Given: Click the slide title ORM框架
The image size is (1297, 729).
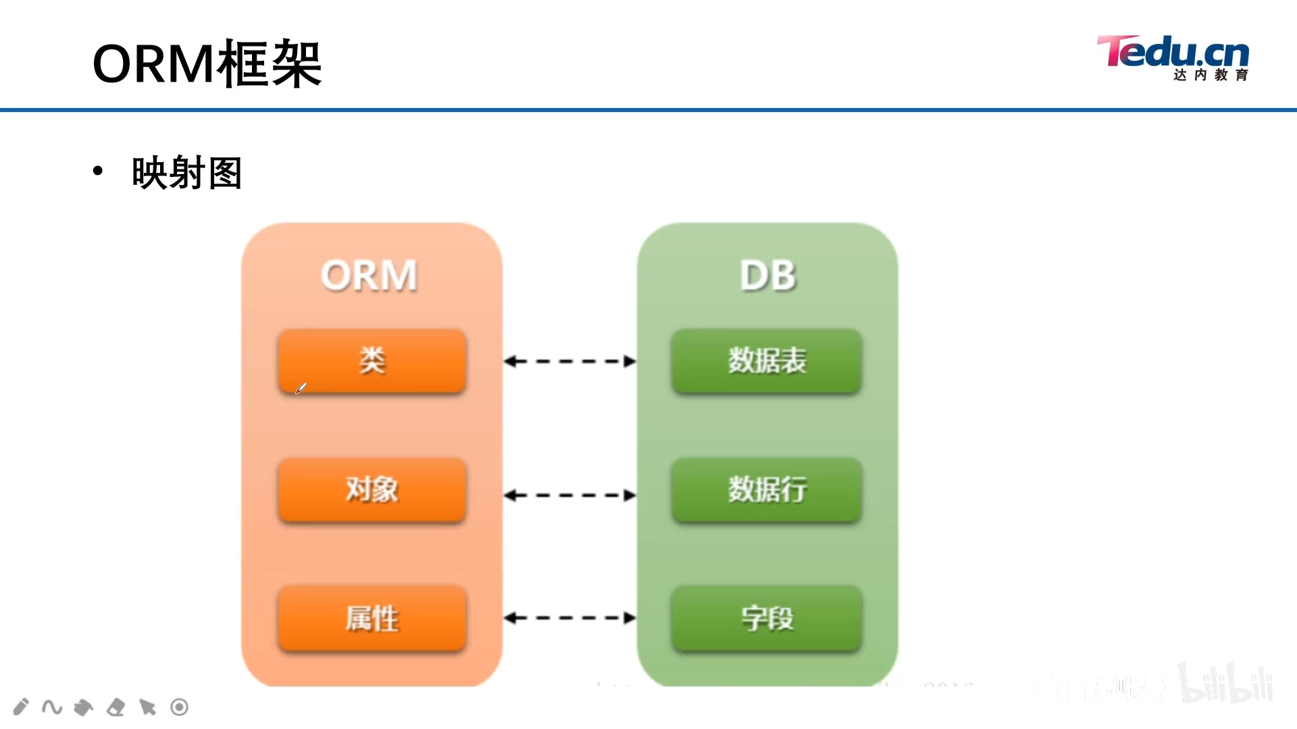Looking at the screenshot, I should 207,64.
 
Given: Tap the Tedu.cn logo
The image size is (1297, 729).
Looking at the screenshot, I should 1173,58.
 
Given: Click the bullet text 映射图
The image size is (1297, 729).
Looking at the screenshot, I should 187,173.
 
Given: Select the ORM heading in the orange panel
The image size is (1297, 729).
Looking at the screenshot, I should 369,275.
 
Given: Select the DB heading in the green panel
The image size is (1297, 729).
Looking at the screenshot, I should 768,275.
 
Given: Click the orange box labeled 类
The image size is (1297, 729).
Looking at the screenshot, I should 372,360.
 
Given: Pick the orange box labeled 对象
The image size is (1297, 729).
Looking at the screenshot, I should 372,489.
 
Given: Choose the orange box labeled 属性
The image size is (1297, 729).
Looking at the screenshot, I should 372,618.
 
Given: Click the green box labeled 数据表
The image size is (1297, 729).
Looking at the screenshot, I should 767,360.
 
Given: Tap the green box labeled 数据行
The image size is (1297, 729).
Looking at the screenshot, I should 767,489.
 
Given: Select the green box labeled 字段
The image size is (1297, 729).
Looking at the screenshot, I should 767,618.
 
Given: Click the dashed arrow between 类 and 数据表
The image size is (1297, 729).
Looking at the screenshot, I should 569,362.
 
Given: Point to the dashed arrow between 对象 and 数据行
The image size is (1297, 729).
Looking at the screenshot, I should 569,495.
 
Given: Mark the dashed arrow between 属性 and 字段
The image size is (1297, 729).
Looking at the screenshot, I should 569,618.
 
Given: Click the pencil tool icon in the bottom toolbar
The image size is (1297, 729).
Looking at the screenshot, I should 21,707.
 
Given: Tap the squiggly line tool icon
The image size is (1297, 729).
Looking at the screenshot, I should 52,707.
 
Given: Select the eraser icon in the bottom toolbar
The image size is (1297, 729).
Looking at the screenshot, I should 116,707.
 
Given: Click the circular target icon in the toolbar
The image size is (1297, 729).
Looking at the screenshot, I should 179,707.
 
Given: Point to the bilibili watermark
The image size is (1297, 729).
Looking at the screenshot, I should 1226,683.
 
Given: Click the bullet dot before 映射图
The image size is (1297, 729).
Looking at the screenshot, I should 98,171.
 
